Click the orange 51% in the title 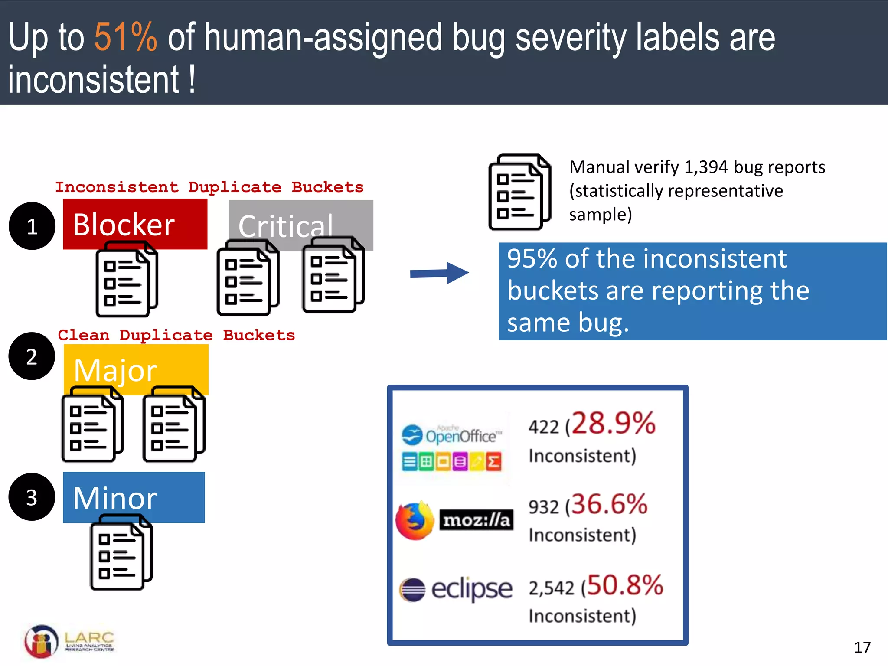coord(126,38)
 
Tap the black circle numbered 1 coord(32,226)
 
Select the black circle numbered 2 coord(32,356)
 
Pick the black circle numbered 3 coord(32,497)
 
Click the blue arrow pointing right coord(439,273)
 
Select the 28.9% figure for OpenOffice coord(613,424)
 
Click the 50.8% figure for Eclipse coord(625,585)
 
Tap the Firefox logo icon coord(415,520)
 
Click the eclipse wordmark coord(472,589)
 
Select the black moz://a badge coord(476,520)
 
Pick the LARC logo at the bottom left coord(69,641)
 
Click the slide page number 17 coord(862,647)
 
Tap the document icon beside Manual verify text coord(519,192)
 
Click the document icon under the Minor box coord(121,552)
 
